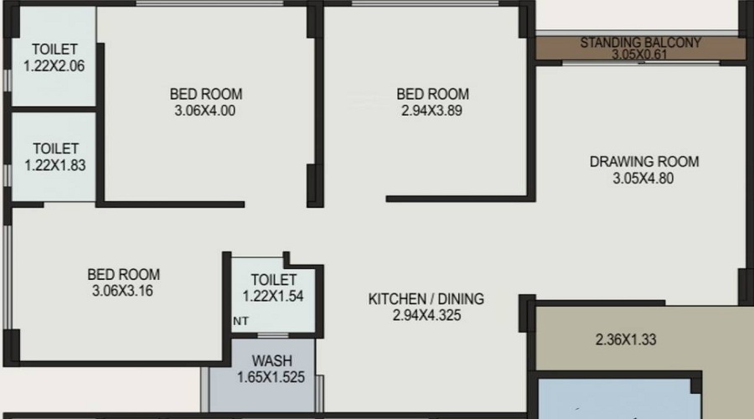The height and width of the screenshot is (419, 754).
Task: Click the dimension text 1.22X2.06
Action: point(54,66)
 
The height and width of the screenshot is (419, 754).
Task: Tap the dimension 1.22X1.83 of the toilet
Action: point(55,165)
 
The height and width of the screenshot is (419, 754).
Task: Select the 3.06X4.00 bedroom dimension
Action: point(205,111)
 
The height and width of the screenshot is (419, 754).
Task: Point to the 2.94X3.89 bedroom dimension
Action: point(431,111)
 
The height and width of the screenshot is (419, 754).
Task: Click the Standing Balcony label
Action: point(641,43)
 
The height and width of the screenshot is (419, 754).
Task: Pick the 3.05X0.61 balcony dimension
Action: point(639,54)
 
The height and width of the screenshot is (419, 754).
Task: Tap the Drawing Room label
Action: point(644,162)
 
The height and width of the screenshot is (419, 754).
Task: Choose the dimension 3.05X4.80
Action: point(643,178)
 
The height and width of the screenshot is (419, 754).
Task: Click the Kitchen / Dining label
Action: point(426,298)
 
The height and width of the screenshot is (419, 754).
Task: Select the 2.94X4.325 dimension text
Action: point(426,316)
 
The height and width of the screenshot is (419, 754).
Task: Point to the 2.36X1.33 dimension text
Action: point(626,339)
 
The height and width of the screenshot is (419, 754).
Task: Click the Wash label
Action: point(271,361)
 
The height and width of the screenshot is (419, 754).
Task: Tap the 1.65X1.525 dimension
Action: point(271,377)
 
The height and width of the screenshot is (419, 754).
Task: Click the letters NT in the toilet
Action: point(241,321)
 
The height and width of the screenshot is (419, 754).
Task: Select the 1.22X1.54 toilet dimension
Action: point(272,297)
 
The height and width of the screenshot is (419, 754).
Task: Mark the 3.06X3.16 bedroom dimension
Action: point(122,291)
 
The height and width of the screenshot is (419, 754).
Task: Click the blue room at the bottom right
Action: point(619,399)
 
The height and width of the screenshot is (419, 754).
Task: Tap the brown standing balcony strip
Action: point(641,49)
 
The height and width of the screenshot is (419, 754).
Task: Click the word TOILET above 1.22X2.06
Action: point(54,49)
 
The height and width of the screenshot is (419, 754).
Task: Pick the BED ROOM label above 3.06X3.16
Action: point(124,275)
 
